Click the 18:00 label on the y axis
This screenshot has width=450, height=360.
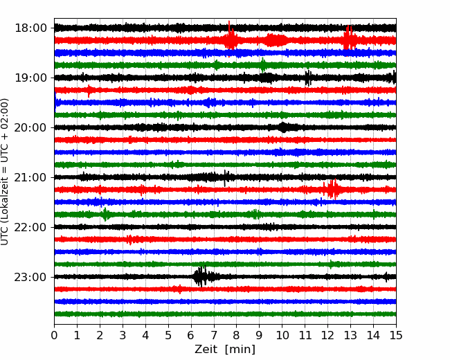[x=30, y=28]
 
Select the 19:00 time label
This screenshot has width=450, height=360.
[x=30, y=78]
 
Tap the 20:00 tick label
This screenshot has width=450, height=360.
[x=30, y=127]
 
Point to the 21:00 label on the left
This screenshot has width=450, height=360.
[x=30, y=177]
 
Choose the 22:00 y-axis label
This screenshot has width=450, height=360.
[x=30, y=227]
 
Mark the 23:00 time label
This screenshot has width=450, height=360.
[x=30, y=277]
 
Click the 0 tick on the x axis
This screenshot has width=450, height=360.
[x=54, y=335]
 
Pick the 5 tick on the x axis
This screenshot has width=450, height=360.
[x=168, y=335]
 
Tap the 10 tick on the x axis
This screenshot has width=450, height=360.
[x=282, y=335]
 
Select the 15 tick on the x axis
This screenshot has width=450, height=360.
[x=396, y=335]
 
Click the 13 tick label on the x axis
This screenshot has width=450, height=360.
[x=350, y=335]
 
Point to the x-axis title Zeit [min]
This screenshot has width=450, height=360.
[x=225, y=350]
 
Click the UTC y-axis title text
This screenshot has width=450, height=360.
[x=5, y=172]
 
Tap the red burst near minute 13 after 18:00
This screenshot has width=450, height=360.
[x=350, y=39]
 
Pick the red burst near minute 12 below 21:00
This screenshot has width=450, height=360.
[x=333, y=189]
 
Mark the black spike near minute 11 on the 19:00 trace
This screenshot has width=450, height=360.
[x=308, y=78]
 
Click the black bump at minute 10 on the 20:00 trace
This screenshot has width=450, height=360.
[x=283, y=127]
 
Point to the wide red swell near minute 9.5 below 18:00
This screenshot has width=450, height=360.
[x=276, y=40]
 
